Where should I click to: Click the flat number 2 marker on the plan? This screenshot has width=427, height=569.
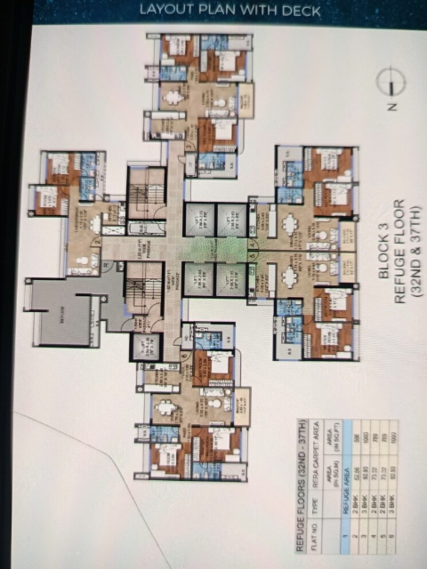(x=98, y=242)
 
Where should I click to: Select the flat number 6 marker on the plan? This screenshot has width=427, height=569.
(x=183, y=354)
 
